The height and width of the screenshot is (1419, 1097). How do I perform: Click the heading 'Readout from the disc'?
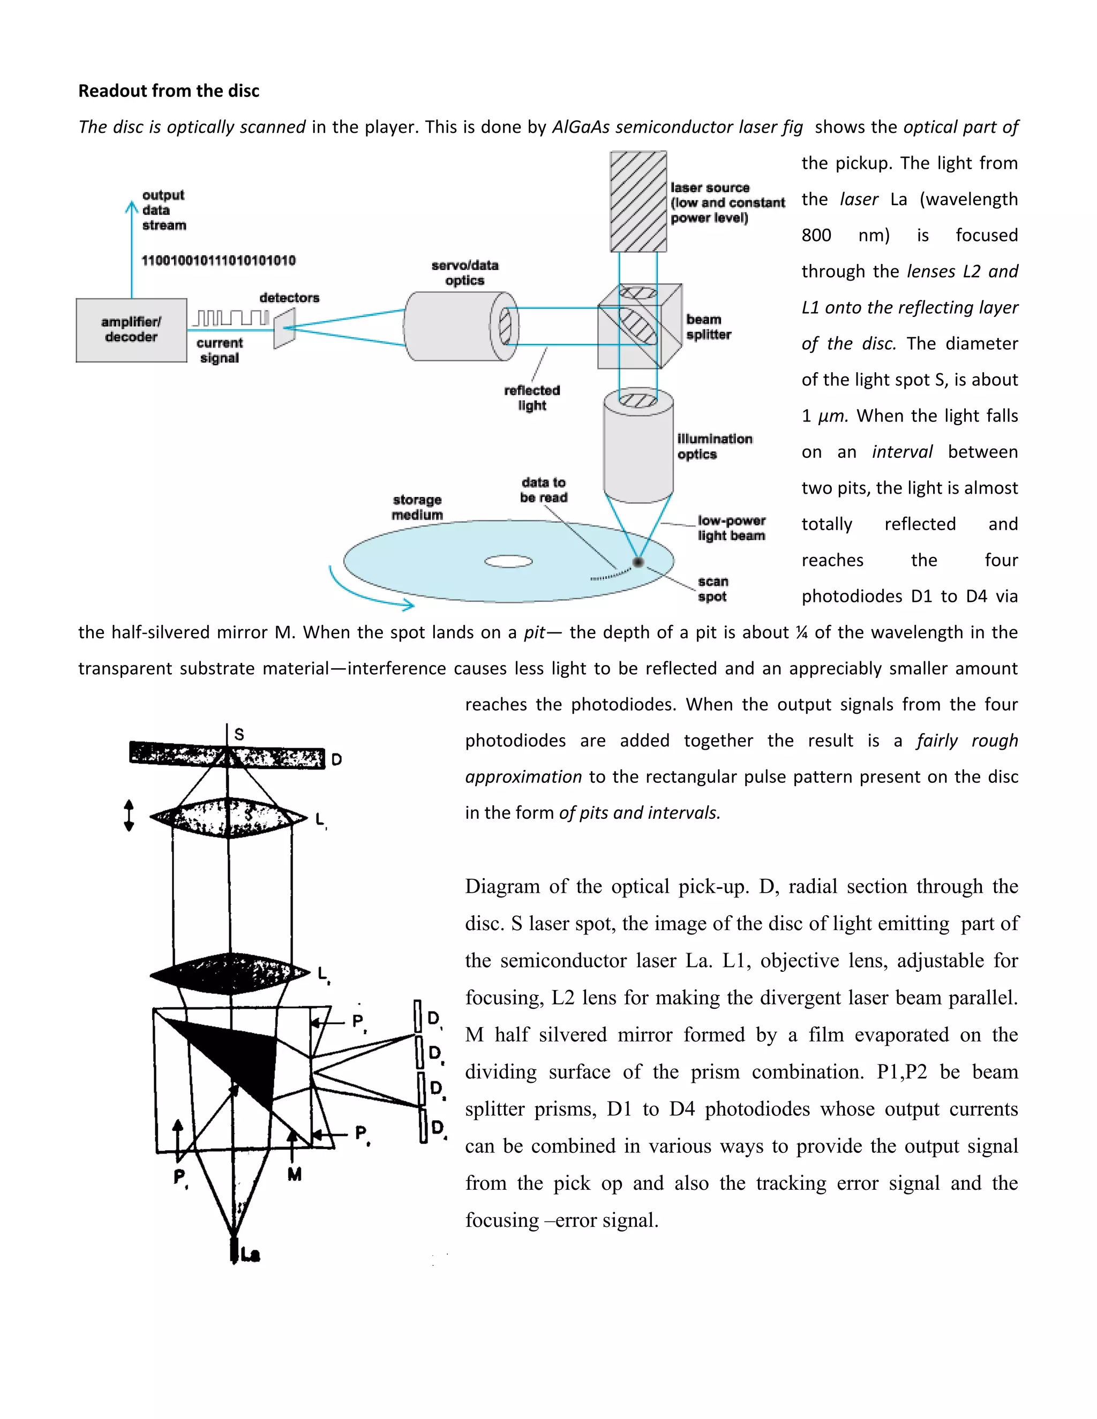tap(168, 91)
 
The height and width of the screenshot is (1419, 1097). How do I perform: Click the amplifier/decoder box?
tap(131, 330)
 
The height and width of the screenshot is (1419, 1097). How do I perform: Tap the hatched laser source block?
tap(637, 201)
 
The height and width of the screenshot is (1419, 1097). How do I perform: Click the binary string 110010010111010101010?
tap(219, 261)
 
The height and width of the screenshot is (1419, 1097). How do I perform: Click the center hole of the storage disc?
tap(508, 561)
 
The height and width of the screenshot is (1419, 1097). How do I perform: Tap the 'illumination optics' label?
tap(713, 447)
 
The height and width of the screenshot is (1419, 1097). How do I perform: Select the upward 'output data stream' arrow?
tap(132, 247)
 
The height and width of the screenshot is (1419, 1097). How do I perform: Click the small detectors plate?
tap(284, 328)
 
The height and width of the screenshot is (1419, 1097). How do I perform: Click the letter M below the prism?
tap(295, 1174)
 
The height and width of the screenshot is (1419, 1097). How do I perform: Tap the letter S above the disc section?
tap(239, 734)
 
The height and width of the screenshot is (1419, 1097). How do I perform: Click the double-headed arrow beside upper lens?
tap(129, 816)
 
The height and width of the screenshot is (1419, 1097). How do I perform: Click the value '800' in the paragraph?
tap(816, 235)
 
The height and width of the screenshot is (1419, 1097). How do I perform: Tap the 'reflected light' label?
tap(531, 398)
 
